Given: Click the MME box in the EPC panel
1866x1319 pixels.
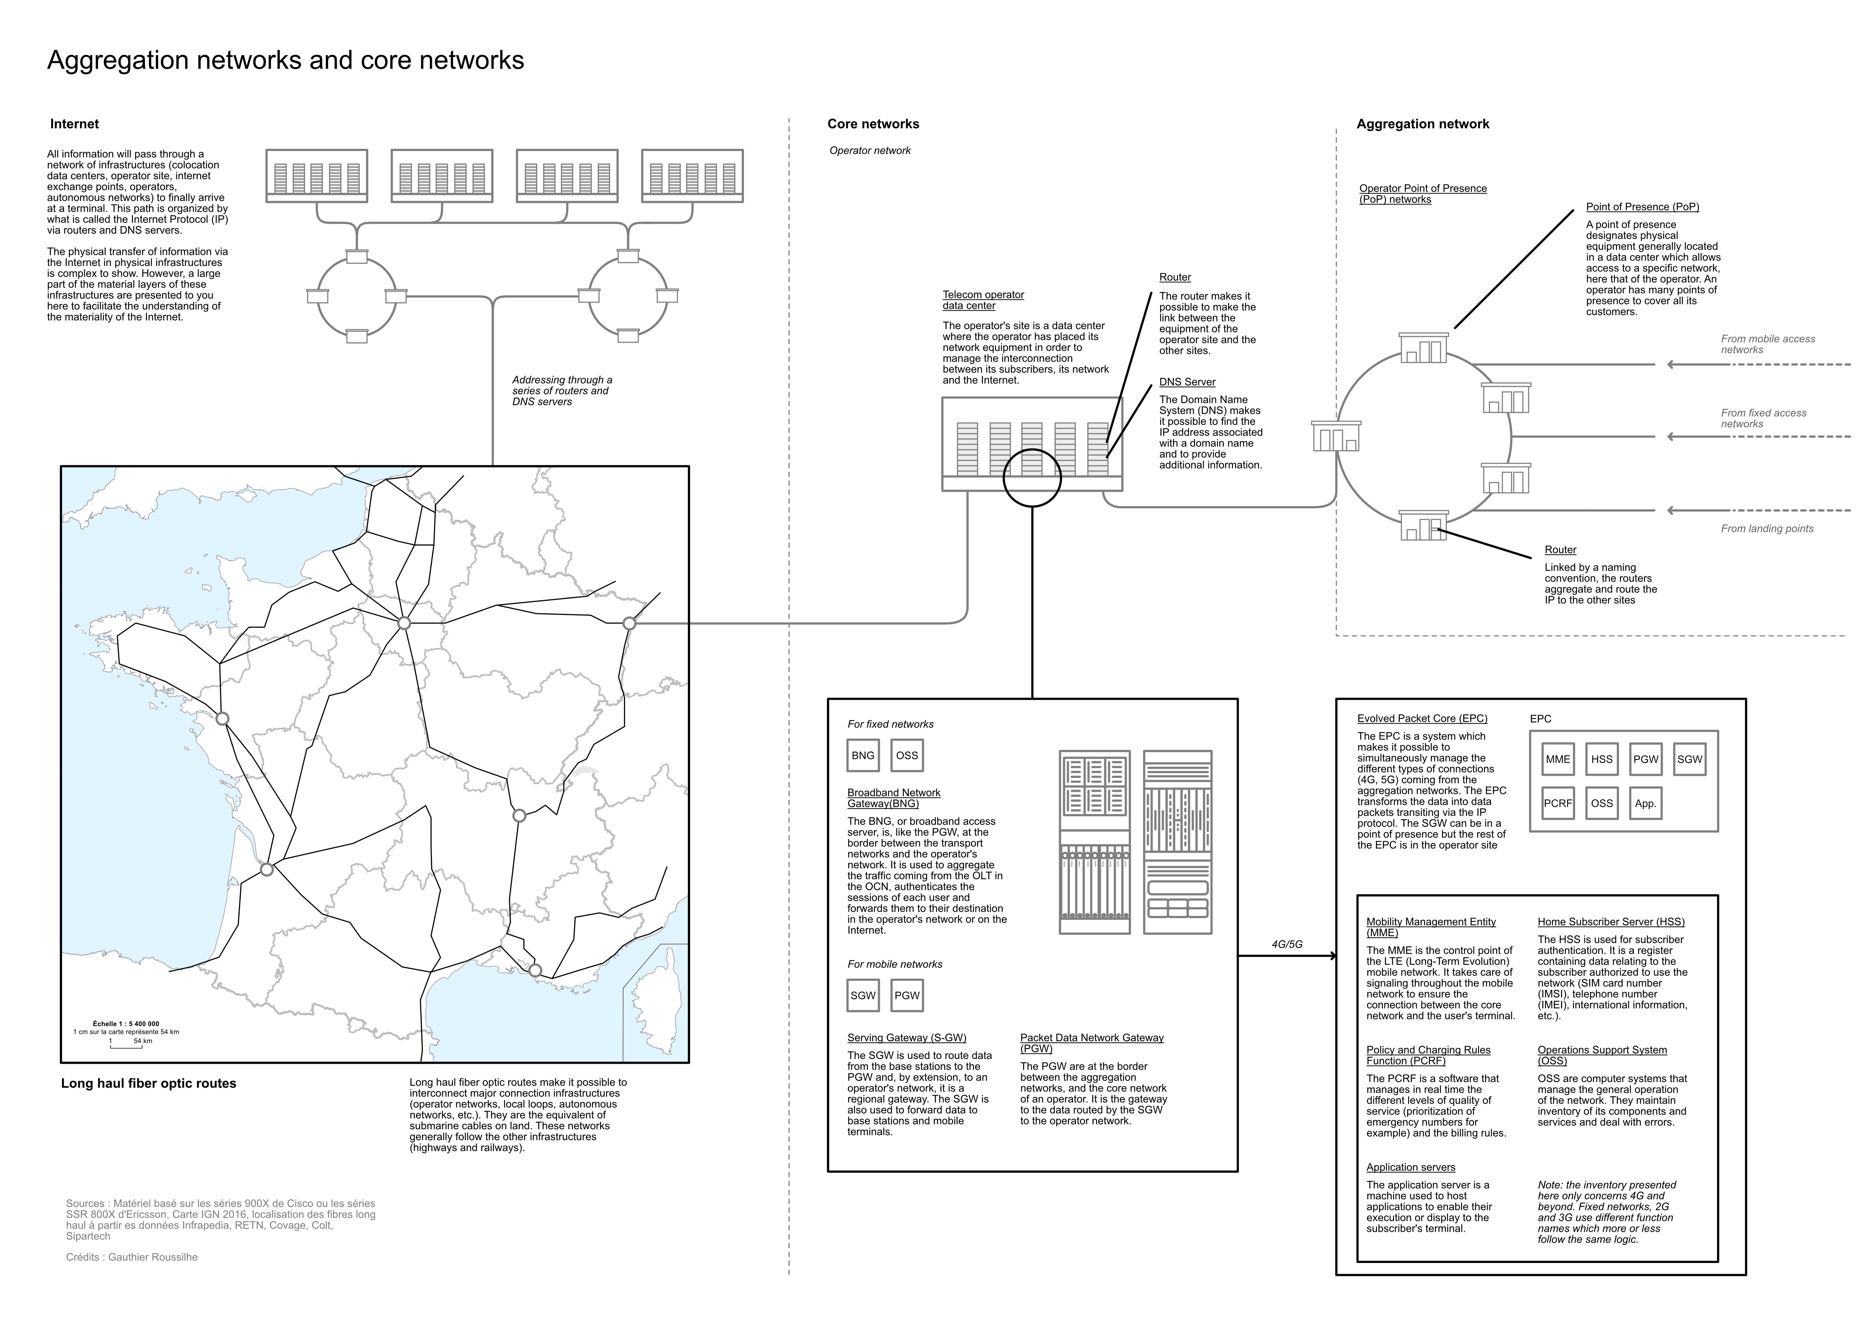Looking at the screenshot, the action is tap(1557, 759).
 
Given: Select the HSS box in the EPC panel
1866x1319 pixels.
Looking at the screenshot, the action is tap(1601, 759).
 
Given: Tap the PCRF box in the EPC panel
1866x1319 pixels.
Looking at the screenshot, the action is tap(1557, 803).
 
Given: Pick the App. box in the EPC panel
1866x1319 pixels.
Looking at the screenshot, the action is tap(1645, 803).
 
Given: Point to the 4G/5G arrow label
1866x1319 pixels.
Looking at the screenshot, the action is tap(1286, 944).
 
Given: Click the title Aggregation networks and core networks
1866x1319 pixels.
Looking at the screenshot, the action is tap(285, 60).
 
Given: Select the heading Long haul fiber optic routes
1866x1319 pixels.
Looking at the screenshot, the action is tap(149, 1083).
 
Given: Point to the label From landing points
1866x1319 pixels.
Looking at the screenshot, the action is tap(1767, 528).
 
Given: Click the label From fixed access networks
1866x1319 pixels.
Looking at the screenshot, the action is tap(1764, 418).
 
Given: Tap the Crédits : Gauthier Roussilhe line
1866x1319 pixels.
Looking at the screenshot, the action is tap(132, 1257).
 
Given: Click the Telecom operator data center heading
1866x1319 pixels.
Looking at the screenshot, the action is tap(983, 300).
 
